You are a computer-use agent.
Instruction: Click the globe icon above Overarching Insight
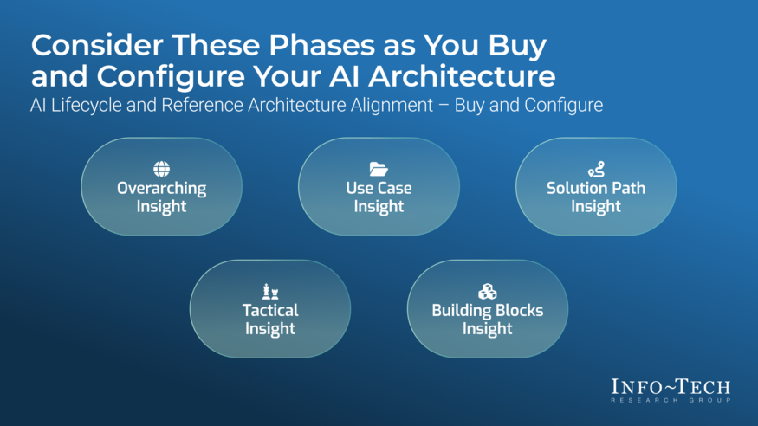click(161, 169)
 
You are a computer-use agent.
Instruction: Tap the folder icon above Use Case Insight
click(379, 169)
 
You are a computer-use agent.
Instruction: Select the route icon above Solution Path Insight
click(596, 170)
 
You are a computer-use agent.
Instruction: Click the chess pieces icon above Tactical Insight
click(270, 291)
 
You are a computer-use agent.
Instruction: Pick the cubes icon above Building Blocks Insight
click(487, 291)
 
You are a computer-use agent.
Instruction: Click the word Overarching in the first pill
click(161, 188)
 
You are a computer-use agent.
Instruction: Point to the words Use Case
click(379, 188)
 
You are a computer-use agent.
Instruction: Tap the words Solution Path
click(596, 188)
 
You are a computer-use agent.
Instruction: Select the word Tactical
click(270, 310)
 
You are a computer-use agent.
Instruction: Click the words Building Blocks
click(487, 310)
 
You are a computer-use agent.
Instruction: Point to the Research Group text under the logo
click(670, 400)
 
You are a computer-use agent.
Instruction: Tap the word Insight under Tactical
click(270, 329)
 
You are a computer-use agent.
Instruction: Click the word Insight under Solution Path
click(596, 207)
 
